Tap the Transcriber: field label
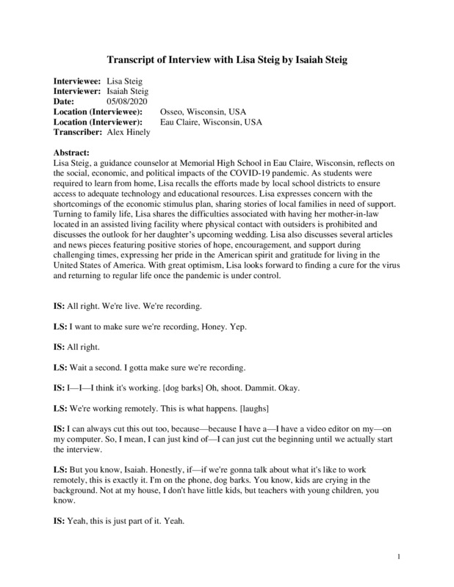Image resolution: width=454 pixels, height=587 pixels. [x=78, y=131]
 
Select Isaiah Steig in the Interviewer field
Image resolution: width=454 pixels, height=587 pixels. [x=128, y=90]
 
